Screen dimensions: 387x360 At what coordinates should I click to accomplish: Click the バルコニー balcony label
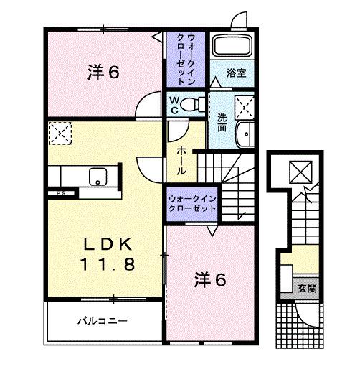click(103, 321)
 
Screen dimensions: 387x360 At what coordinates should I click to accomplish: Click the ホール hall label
click(182, 162)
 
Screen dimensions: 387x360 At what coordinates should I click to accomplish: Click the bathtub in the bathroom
click(231, 47)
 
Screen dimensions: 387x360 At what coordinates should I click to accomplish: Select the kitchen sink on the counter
click(98, 176)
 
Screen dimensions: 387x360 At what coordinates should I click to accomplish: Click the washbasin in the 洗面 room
click(246, 133)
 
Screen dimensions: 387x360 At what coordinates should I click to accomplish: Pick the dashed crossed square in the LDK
click(58, 133)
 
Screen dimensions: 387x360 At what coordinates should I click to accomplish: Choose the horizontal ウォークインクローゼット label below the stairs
click(191, 202)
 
